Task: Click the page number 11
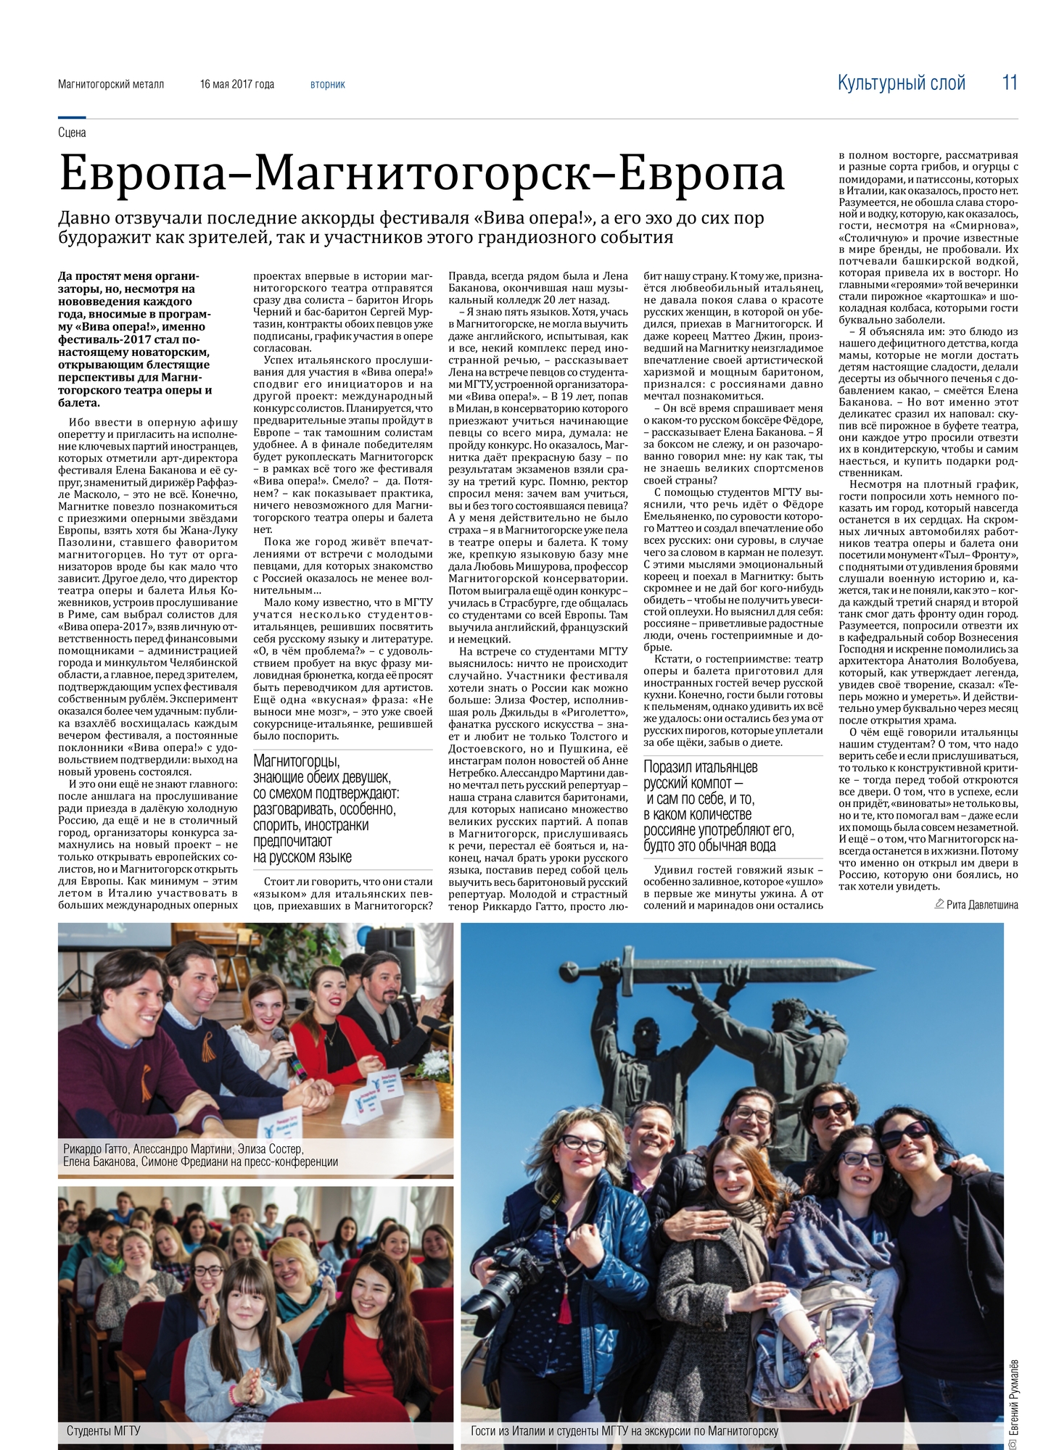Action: [1010, 83]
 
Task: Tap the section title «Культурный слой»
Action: [901, 83]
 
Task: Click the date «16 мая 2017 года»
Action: [237, 85]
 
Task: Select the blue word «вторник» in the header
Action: [328, 85]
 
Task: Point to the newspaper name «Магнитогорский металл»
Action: [111, 85]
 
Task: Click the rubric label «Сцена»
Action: [72, 132]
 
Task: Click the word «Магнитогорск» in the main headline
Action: [424, 175]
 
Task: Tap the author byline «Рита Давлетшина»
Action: [981, 904]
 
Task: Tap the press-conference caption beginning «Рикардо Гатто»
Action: [200, 1156]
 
